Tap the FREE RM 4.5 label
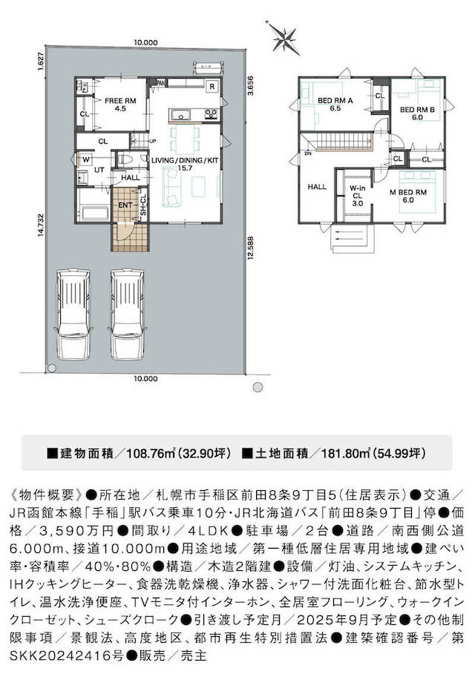120,104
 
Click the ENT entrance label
125,205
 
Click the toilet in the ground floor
125,158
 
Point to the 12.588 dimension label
251,248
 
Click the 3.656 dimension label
250,86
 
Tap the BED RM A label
335,104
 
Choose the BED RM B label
417,113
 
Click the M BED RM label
408,196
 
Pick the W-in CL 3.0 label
357,196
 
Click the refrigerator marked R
212,86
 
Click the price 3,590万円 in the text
77,531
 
